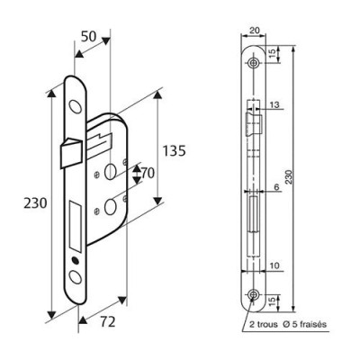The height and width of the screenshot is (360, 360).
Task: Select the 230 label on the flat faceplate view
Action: tap(289, 179)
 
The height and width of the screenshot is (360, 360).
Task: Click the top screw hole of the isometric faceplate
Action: tap(73, 105)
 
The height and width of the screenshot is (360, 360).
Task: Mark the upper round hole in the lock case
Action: tap(111, 171)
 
